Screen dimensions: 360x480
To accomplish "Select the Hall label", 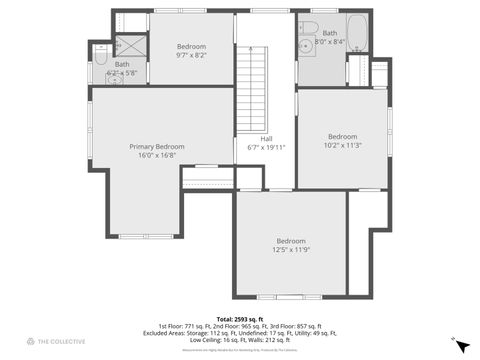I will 266,139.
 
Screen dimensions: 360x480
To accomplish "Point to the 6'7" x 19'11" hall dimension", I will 266,148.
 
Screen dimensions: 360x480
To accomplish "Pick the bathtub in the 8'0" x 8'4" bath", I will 357,33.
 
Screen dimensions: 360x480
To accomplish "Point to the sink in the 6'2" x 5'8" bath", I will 117,79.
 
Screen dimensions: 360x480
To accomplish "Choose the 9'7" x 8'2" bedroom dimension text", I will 191,56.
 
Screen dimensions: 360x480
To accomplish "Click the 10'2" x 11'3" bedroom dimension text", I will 342,145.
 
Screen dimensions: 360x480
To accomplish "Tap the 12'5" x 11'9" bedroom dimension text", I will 291,250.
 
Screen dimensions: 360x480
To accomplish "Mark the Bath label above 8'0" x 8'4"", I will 329,33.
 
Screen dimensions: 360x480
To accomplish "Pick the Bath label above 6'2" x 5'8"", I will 121,64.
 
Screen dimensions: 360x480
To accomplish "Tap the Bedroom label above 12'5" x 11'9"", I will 291,241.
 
